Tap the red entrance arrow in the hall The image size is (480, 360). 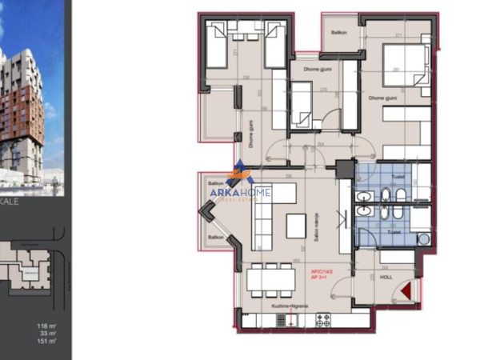tap(408, 293)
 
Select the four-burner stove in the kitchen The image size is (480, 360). tap(324, 321)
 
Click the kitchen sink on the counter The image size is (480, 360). tap(285, 321)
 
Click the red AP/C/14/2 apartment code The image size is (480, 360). tap(323, 272)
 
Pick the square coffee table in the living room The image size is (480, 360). tap(295, 226)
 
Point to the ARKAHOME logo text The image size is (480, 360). tap(240, 192)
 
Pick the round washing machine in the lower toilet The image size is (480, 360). tap(423, 238)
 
